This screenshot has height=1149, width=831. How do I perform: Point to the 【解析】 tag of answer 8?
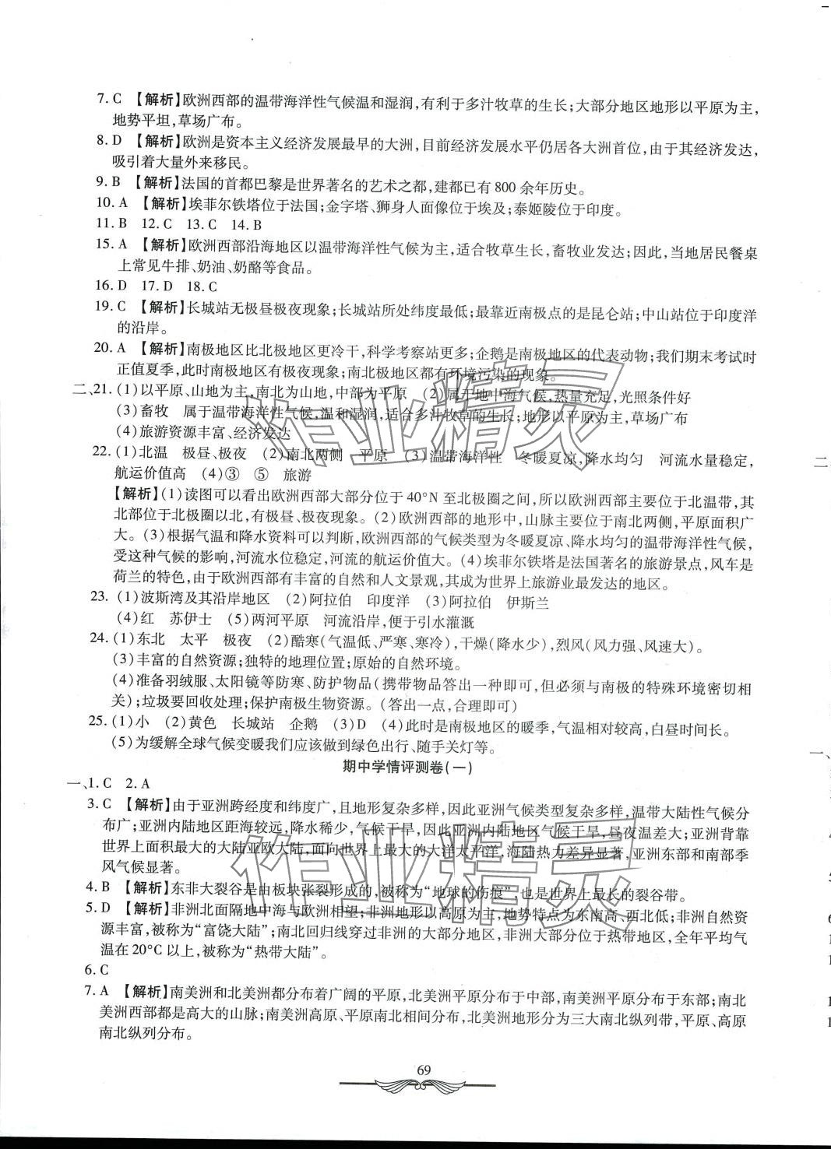pos(157,142)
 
